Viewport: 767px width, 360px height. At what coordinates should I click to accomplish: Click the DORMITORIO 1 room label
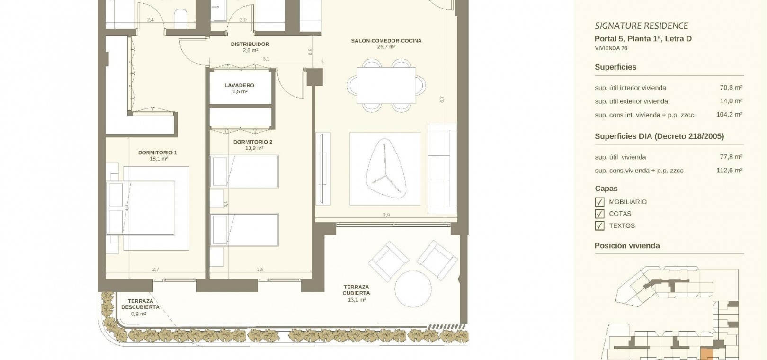(158, 153)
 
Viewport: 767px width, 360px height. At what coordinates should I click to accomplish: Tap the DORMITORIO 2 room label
(253, 142)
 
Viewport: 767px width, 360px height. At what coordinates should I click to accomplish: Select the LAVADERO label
(240, 85)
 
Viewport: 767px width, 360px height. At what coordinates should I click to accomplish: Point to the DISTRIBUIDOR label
(250, 44)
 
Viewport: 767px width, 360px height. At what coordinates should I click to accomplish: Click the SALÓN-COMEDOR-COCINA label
(386, 41)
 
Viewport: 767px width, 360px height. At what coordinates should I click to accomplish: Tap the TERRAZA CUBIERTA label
(356, 290)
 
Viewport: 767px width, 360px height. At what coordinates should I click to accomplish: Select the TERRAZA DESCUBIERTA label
(141, 304)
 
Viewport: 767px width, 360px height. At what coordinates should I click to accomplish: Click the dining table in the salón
(386, 86)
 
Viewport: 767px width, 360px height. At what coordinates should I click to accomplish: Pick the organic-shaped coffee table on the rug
(386, 169)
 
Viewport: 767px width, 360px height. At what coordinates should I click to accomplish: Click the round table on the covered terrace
(413, 289)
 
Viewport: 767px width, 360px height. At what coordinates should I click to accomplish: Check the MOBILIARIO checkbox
(599, 202)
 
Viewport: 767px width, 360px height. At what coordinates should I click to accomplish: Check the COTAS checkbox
(599, 214)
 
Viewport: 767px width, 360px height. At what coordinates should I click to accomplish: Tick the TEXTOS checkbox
(599, 226)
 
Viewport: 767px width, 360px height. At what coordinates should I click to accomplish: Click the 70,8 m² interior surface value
(731, 88)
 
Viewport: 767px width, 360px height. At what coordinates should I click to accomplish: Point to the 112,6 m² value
(729, 170)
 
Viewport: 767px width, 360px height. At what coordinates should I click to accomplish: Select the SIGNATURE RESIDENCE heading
(642, 26)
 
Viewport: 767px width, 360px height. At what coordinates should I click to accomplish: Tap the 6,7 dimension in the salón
(442, 99)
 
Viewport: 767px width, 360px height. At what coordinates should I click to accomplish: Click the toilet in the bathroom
(180, 19)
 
